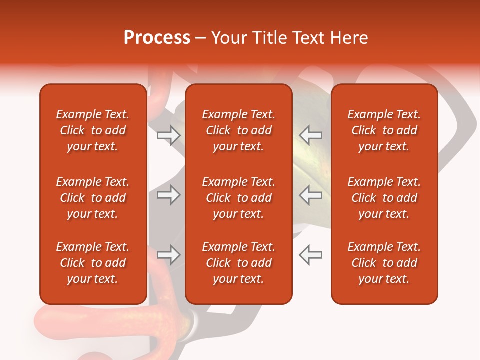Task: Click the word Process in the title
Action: click(157, 38)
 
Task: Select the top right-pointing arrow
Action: click(168, 135)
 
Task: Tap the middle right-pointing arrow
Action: click(168, 195)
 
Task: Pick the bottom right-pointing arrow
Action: click(168, 255)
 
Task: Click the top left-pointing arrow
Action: click(310, 135)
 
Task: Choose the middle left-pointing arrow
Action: click(310, 195)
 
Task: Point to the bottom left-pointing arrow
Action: click(310, 255)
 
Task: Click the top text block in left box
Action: click(92, 130)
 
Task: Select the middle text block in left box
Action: click(92, 198)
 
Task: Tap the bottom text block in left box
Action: click(92, 263)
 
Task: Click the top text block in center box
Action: click(238, 130)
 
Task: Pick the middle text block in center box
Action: click(238, 198)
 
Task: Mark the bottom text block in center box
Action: click(238, 263)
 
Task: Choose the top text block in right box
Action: click(384, 130)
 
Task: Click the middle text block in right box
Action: click(384, 198)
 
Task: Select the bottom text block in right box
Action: click(384, 263)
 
